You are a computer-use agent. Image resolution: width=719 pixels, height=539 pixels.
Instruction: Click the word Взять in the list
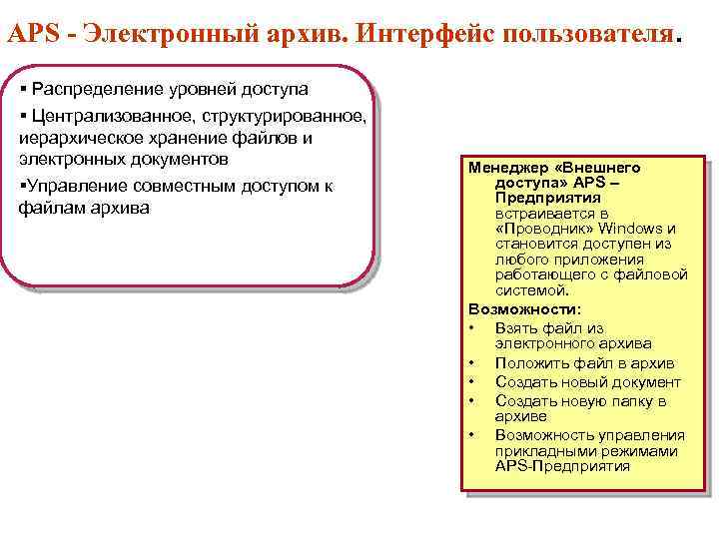pyautogui.click(x=516, y=327)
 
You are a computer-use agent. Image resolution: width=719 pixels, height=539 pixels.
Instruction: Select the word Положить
pyautogui.click(x=529, y=363)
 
